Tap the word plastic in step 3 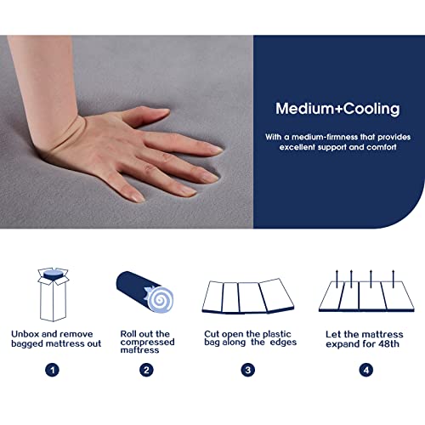[275, 334]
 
